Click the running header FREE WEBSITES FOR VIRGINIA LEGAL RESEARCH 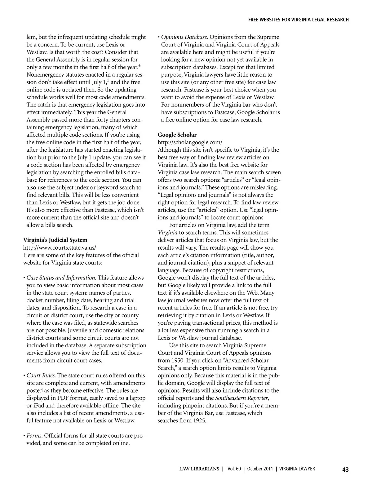click(x=299, y=20)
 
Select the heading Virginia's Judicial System click(x=55, y=240)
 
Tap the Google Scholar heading click(x=177, y=135)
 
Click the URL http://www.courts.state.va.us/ click(x=60, y=247)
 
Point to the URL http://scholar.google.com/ click(x=190, y=142)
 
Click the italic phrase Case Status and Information click(x=61, y=278)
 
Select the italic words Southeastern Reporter click(x=242, y=398)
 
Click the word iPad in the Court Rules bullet click(x=40, y=406)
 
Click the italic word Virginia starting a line click(x=167, y=233)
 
